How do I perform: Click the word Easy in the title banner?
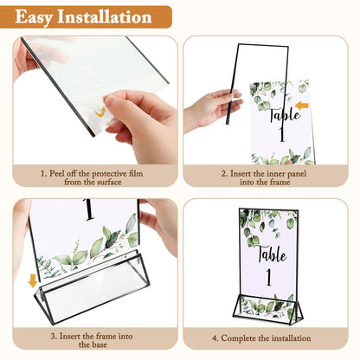point(40,16)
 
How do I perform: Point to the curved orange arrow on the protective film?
point(100,112)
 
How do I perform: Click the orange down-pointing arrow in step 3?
point(33,281)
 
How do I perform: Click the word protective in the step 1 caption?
point(116,173)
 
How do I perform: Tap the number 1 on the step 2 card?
point(280,135)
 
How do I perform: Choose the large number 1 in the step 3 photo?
point(87,211)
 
